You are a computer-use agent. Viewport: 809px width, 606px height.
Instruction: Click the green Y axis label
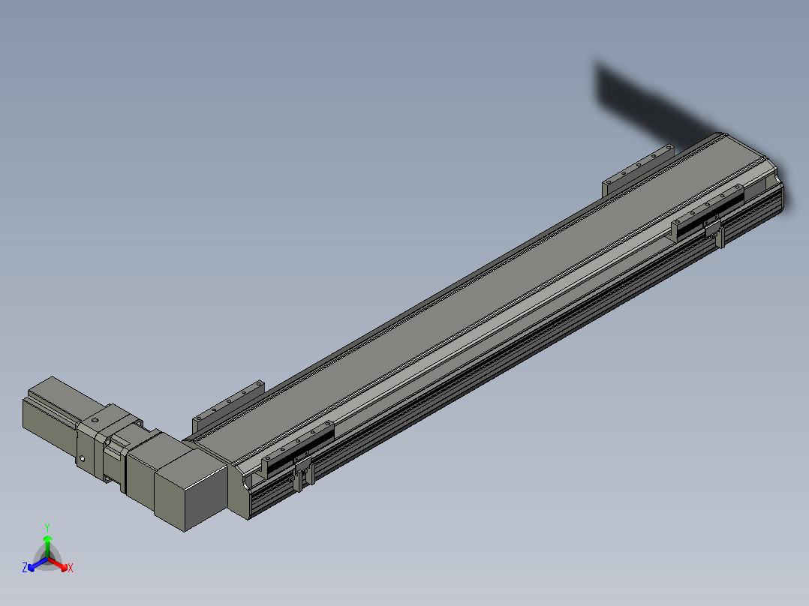(47, 527)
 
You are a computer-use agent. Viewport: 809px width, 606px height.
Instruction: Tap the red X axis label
(71, 568)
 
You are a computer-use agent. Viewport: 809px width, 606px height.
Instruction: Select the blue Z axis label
(25, 567)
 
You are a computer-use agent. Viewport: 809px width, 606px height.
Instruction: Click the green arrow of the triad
(47, 546)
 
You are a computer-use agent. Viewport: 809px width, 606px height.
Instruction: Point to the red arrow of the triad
(59, 564)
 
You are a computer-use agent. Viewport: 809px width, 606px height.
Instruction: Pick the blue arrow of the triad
(38, 564)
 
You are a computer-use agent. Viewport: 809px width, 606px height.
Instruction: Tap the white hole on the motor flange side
(82, 458)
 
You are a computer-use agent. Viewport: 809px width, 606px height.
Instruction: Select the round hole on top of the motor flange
(95, 420)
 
